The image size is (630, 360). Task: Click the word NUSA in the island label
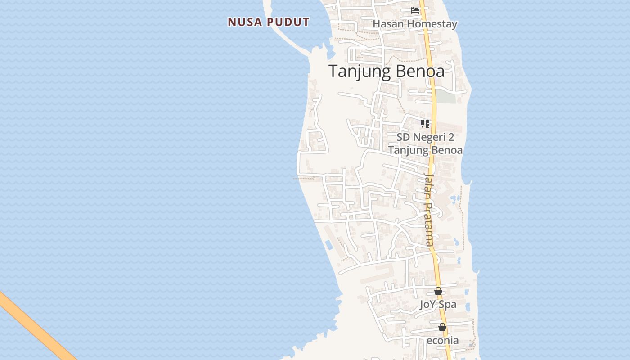[243, 22]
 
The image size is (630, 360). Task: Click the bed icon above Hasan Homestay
[415, 10]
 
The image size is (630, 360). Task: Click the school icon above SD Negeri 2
[425, 123]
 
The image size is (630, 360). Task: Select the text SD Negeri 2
[425, 137]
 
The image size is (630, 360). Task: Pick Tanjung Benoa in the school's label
[425, 150]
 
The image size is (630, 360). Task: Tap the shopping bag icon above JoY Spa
[438, 291]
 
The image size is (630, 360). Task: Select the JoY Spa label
[438, 305]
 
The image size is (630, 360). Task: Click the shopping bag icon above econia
[442, 327]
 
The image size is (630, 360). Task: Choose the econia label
[442, 340]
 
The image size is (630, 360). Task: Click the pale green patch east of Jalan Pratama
[445, 96]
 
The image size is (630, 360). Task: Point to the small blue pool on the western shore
[329, 245]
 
